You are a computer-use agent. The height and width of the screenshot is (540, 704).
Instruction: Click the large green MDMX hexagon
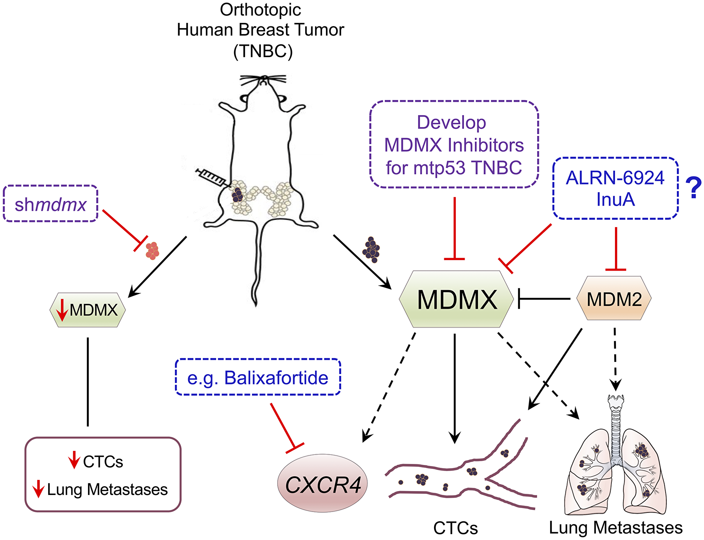pos(456,299)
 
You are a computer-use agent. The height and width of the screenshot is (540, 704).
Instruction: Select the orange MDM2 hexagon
pos(614,299)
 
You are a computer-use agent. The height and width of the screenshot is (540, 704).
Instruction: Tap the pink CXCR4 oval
pos(322,484)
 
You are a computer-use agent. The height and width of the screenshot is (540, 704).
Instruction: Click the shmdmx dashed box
pos(50,204)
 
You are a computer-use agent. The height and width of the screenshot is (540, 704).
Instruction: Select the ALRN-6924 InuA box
pos(615,188)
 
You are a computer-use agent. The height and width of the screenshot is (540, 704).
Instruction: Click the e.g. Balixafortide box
pos(258,377)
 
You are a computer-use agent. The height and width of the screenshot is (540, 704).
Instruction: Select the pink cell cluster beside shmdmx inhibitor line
pos(152,251)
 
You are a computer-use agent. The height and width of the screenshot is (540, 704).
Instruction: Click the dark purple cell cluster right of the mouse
pos(371,250)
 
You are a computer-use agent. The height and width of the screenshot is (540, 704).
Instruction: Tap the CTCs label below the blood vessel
pos(455,528)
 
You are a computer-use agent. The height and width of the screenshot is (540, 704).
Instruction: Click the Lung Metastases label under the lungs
pos(616,528)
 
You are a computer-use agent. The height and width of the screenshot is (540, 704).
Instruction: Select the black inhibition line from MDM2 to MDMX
pos(544,299)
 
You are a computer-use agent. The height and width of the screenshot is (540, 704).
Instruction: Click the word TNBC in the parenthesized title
pos(263,51)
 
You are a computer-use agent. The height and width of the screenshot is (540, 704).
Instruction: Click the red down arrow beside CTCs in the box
pos(74,460)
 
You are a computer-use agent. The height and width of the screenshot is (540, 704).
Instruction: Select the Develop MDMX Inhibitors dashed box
pos(454,145)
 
